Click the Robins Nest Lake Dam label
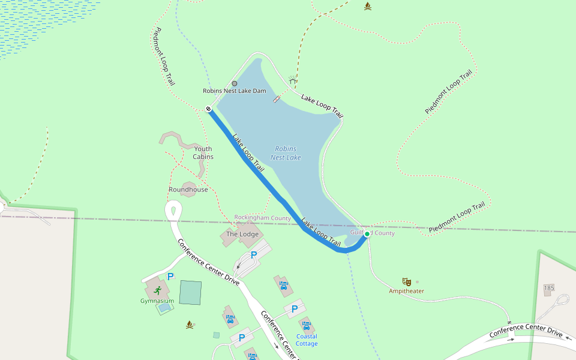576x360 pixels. coord(234,91)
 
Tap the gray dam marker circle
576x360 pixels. coord(234,83)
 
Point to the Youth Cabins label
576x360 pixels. coord(203,153)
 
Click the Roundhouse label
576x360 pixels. coord(188,190)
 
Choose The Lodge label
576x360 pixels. coord(241,233)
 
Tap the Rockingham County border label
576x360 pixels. coord(262,218)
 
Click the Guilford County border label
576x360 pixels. coord(373,233)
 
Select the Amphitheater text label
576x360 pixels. coord(406,291)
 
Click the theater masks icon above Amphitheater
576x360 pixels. coord(406,281)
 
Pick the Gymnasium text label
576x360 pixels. coord(157,301)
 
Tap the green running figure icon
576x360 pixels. coord(157,290)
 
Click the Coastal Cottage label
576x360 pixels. coord(307,340)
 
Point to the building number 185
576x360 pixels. coord(549,289)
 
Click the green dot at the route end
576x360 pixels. coord(367,234)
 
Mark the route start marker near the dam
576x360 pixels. coord(208,109)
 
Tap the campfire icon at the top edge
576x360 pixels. coord(368,6)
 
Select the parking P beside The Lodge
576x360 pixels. coord(254,255)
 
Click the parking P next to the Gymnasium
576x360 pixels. coord(170,277)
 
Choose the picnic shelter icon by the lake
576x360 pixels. coord(293,80)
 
